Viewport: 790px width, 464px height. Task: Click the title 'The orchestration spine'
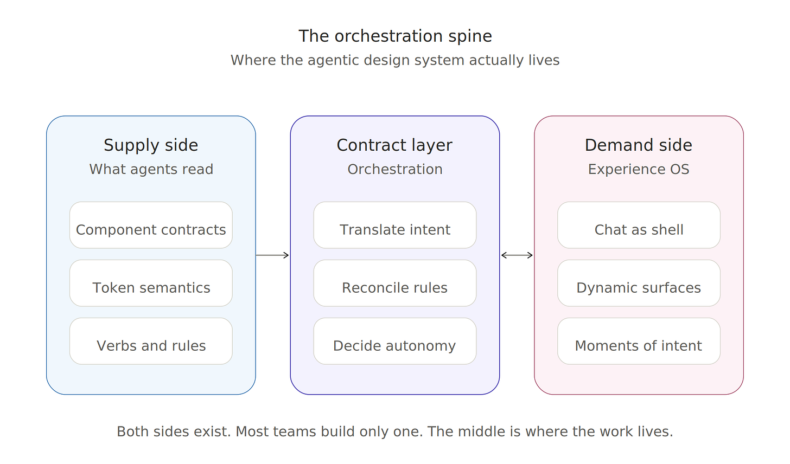(395, 36)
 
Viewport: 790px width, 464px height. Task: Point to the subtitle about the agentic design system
(395, 60)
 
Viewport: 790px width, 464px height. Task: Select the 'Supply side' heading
(151, 145)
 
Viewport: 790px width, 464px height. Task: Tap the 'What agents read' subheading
(151, 169)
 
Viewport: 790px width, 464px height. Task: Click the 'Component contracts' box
(151, 225)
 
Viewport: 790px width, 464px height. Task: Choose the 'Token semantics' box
(151, 283)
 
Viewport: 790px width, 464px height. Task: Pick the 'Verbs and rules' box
(151, 341)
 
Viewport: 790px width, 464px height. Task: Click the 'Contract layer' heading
(394, 145)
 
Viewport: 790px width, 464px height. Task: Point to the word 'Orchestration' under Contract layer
(395, 169)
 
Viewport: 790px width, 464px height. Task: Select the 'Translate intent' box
(395, 225)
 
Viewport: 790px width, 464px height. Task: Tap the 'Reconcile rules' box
(395, 283)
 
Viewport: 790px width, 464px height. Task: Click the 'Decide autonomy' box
(395, 341)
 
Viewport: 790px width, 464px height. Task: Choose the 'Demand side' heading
(639, 145)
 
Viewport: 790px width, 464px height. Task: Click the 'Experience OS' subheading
(639, 169)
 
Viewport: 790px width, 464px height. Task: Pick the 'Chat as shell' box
(639, 225)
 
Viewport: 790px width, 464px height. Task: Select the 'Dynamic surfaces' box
(639, 283)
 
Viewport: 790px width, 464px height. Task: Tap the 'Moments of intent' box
(639, 341)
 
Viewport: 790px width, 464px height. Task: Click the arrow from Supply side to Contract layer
(272, 255)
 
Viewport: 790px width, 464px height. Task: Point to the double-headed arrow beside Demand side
(517, 255)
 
